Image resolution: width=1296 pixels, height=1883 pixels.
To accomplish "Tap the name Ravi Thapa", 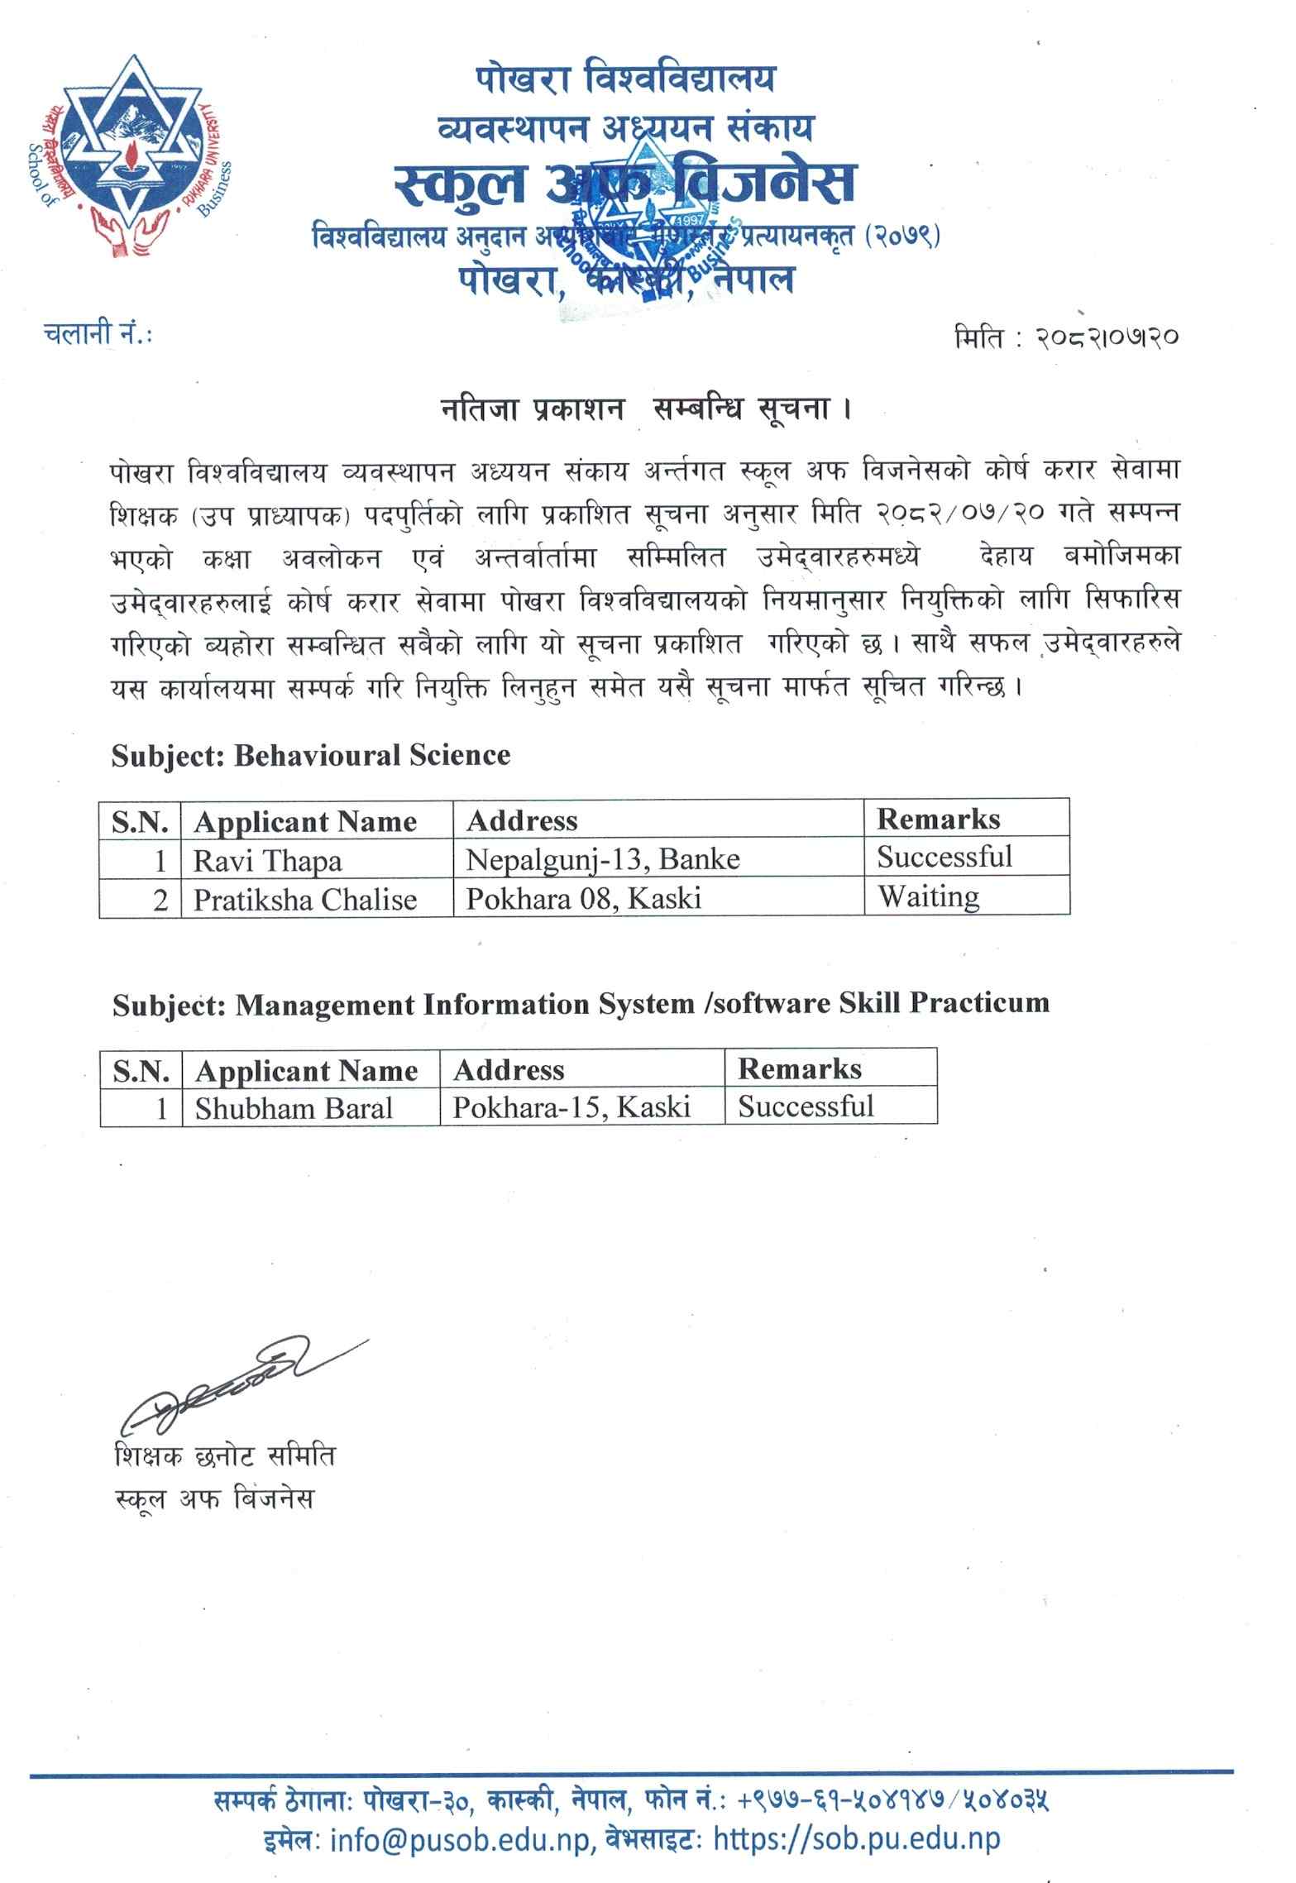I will [x=267, y=861].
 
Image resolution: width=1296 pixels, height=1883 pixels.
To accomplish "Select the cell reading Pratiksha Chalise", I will [x=304, y=900].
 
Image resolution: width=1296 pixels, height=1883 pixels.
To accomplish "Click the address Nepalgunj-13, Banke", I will [x=602, y=860].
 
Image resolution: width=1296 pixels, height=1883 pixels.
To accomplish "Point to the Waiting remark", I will [x=928, y=896].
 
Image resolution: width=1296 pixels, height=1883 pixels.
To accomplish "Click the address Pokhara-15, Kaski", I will [x=571, y=1106].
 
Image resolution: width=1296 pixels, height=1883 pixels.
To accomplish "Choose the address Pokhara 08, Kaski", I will [x=583, y=899].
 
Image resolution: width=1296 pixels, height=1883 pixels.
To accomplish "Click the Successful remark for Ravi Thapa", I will [x=945, y=857].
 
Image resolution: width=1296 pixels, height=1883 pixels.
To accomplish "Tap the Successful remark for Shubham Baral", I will [x=806, y=1106].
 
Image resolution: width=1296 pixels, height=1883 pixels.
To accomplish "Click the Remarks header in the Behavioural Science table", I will [x=938, y=819].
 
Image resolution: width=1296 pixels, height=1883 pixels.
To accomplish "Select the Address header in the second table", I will [x=509, y=1070].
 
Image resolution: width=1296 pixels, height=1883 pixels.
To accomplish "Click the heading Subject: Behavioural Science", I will [x=311, y=755].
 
